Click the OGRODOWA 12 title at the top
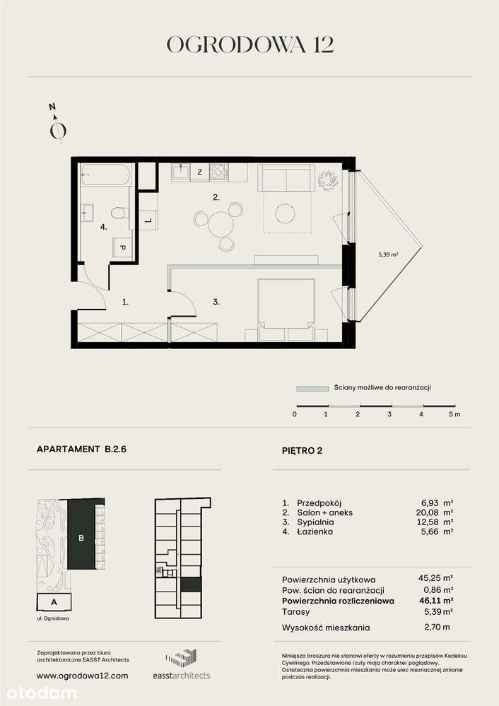[x=249, y=45]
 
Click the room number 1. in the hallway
[x=125, y=302]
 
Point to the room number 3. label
[x=216, y=302]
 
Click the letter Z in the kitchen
[x=200, y=172]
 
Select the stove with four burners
[x=219, y=172]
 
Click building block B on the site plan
[x=83, y=537]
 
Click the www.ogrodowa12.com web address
[x=82, y=676]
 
